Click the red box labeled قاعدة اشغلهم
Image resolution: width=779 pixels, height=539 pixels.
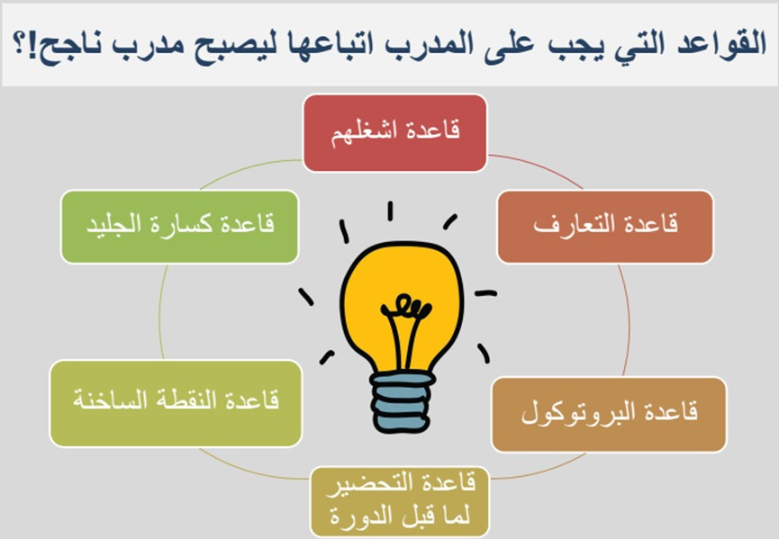click(394, 132)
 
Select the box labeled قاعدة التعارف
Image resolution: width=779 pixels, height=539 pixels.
click(605, 227)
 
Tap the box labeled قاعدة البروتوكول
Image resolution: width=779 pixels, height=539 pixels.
click(610, 415)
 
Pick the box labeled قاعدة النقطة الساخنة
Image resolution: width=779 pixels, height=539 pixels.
click(177, 402)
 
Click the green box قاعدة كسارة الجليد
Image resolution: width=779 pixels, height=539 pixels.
click(181, 227)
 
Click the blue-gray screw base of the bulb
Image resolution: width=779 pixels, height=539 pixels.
click(403, 401)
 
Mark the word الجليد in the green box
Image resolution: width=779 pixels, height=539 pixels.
click(118, 227)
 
